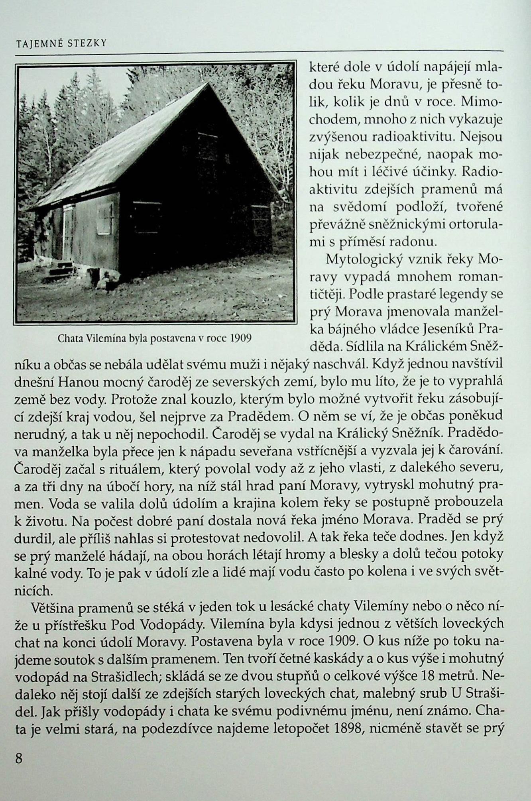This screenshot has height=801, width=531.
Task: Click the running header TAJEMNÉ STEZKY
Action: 61,43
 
